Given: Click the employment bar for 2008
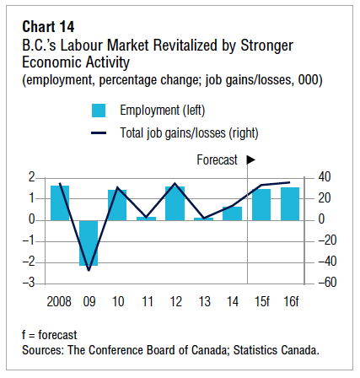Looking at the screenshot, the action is [x=60, y=202].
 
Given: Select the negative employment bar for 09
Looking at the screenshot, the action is [x=89, y=243].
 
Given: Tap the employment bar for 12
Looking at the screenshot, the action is [x=175, y=203].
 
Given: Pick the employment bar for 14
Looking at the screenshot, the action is [x=232, y=213].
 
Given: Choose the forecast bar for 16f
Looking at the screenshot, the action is [x=290, y=204].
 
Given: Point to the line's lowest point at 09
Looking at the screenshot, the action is [x=89, y=270].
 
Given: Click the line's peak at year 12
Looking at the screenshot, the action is [x=175, y=183].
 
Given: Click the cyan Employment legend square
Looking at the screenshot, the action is [x=99, y=111].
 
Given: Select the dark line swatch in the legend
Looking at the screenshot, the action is [x=99, y=133].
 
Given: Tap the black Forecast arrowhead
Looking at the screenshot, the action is [x=250, y=160].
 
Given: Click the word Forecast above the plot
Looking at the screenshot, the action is [x=217, y=160].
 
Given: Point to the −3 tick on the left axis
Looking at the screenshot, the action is [x=29, y=283].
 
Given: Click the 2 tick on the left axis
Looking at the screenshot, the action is [x=32, y=177].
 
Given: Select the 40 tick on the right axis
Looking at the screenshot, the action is [x=325, y=177].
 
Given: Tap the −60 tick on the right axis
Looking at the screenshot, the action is [x=327, y=283].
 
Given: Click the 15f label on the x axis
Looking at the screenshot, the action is [x=261, y=302].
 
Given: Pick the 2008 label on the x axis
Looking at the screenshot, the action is [x=59, y=302].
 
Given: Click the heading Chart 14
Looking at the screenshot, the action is [x=48, y=27].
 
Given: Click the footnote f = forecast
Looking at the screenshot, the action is [x=49, y=335].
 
